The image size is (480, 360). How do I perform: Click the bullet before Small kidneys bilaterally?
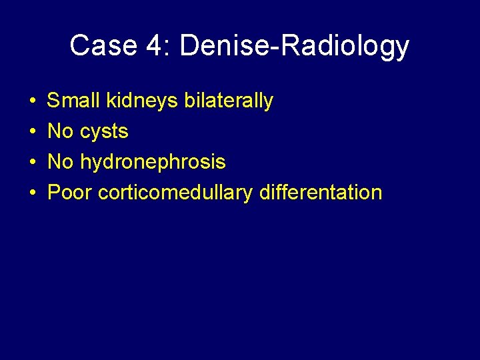[x=33, y=101]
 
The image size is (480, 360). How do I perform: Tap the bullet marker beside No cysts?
[x=33, y=132]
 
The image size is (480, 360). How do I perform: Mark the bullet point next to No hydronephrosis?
[x=33, y=163]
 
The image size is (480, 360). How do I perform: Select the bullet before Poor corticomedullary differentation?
[x=33, y=193]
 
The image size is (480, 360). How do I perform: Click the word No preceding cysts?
[x=61, y=131]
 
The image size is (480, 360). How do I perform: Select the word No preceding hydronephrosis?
[x=61, y=162]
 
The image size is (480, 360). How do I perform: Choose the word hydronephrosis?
[x=153, y=163]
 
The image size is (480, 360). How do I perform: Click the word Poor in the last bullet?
[x=70, y=193]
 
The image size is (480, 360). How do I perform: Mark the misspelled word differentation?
[x=320, y=193]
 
